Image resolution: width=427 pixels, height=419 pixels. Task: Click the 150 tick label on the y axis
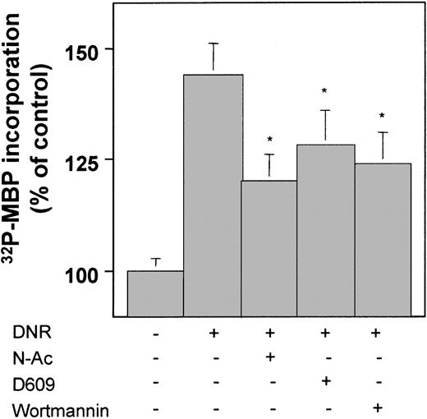(x=96, y=50)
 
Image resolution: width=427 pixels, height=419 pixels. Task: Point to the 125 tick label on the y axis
(x=96, y=159)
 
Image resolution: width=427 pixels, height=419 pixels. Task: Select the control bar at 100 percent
(x=155, y=293)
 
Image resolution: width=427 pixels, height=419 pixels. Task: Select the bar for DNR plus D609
(x=325, y=230)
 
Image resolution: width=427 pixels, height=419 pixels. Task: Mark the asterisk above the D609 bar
(x=325, y=91)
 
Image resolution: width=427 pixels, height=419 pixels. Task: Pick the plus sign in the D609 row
(x=325, y=382)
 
